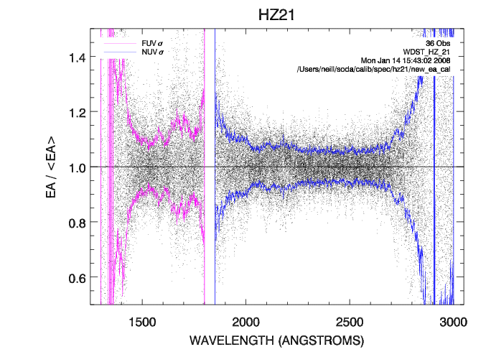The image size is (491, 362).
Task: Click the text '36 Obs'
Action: tap(437, 42)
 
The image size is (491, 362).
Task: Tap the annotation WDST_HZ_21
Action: tap(426, 51)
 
